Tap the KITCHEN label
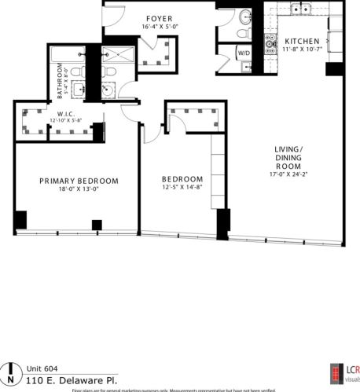[303, 42]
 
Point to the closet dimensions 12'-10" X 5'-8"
[66, 121]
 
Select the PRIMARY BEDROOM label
[79, 181]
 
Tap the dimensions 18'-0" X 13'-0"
[79, 189]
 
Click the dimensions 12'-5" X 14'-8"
[182, 187]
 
